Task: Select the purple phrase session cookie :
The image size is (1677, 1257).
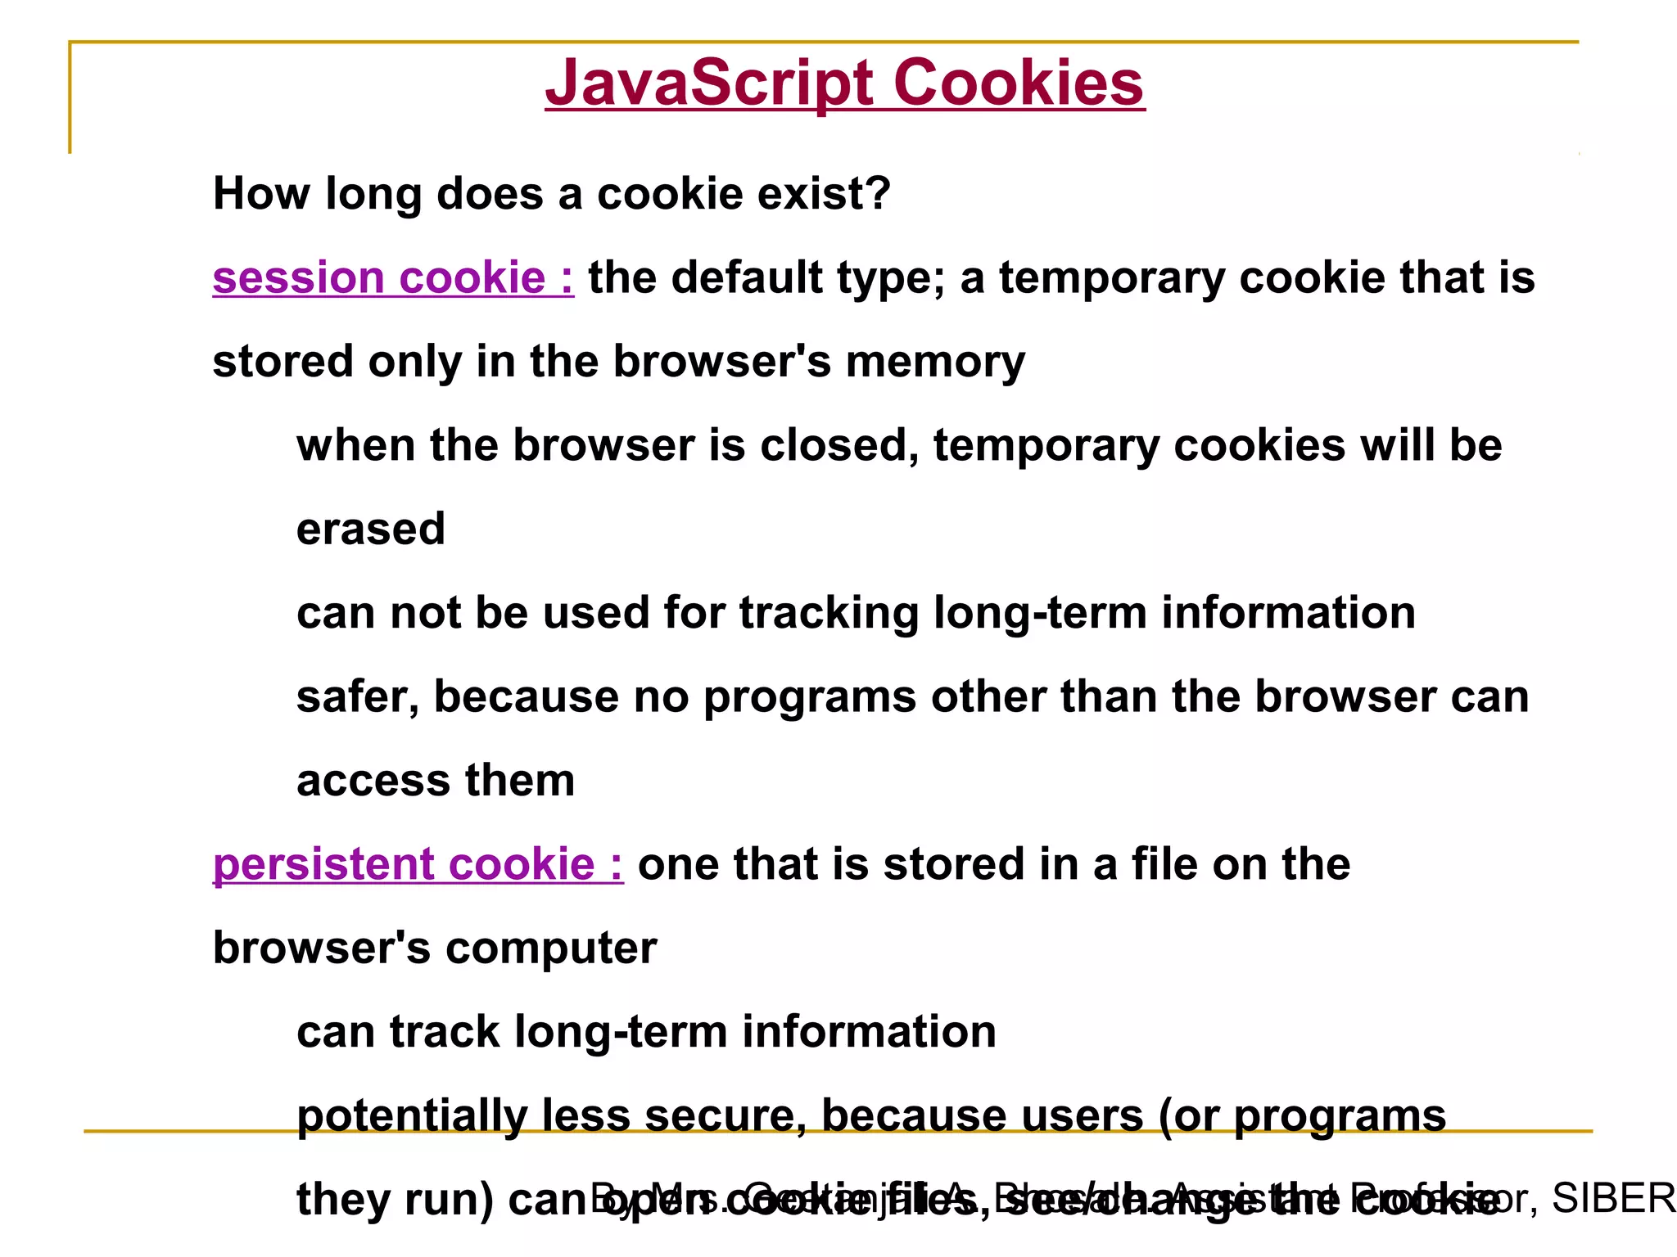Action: tap(393, 278)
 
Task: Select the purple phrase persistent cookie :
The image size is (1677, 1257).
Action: tap(418, 865)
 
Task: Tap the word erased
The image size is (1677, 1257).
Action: tap(371, 529)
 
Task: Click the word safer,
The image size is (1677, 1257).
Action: tap(358, 697)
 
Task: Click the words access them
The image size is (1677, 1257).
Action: tap(436, 781)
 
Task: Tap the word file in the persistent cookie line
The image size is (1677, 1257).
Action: tap(1164, 865)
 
